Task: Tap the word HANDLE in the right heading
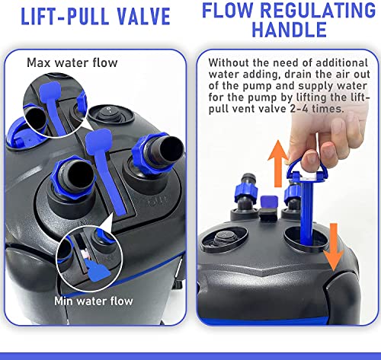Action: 289,30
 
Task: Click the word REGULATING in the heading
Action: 318,10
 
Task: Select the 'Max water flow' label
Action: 72,62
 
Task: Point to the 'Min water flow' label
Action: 94,301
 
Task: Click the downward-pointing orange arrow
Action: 334,247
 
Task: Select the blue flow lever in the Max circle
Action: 54,107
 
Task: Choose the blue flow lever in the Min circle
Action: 98,269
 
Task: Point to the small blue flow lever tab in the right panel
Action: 269,202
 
